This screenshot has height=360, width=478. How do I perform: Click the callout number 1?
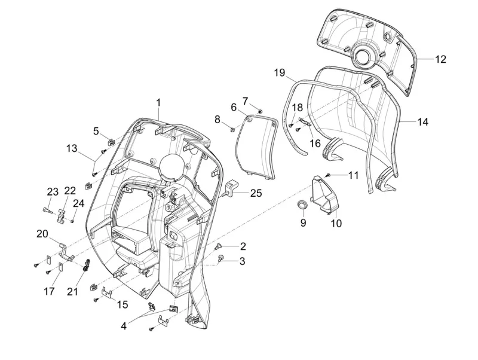(x=159, y=102)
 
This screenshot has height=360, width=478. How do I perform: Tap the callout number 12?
(x=440, y=59)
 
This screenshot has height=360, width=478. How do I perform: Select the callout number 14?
(x=422, y=121)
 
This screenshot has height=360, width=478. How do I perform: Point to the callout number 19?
(x=280, y=72)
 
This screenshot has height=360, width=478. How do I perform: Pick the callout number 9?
(x=303, y=222)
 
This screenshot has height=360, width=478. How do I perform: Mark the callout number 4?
(x=124, y=327)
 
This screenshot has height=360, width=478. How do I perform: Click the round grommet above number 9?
(x=303, y=206)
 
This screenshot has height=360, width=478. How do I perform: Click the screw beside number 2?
(x=218, y=246)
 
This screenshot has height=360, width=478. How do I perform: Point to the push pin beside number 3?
(x=222, y=258)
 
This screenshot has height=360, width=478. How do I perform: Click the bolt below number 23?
(x=48, y=210)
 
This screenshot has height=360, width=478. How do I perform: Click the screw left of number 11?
(x=328, y=174)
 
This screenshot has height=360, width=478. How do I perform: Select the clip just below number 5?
(x=111, y=142)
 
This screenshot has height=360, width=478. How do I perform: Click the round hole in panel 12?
(x=364, y=57)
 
